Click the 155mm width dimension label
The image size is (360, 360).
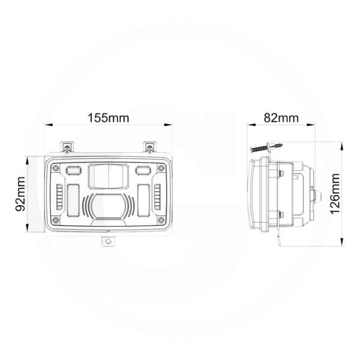[109, 118]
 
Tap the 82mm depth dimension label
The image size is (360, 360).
[281, 118]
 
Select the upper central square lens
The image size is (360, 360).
[108, 177]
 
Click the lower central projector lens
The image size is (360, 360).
[109, 207]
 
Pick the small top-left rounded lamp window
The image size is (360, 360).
[75, 170]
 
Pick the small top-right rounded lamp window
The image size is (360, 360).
[142, 170]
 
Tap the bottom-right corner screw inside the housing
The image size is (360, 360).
[162, 221]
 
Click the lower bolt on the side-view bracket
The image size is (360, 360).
[281, 214]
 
